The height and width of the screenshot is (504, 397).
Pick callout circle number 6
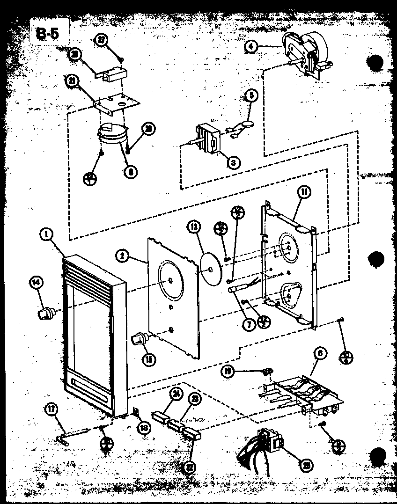[321, 354]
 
